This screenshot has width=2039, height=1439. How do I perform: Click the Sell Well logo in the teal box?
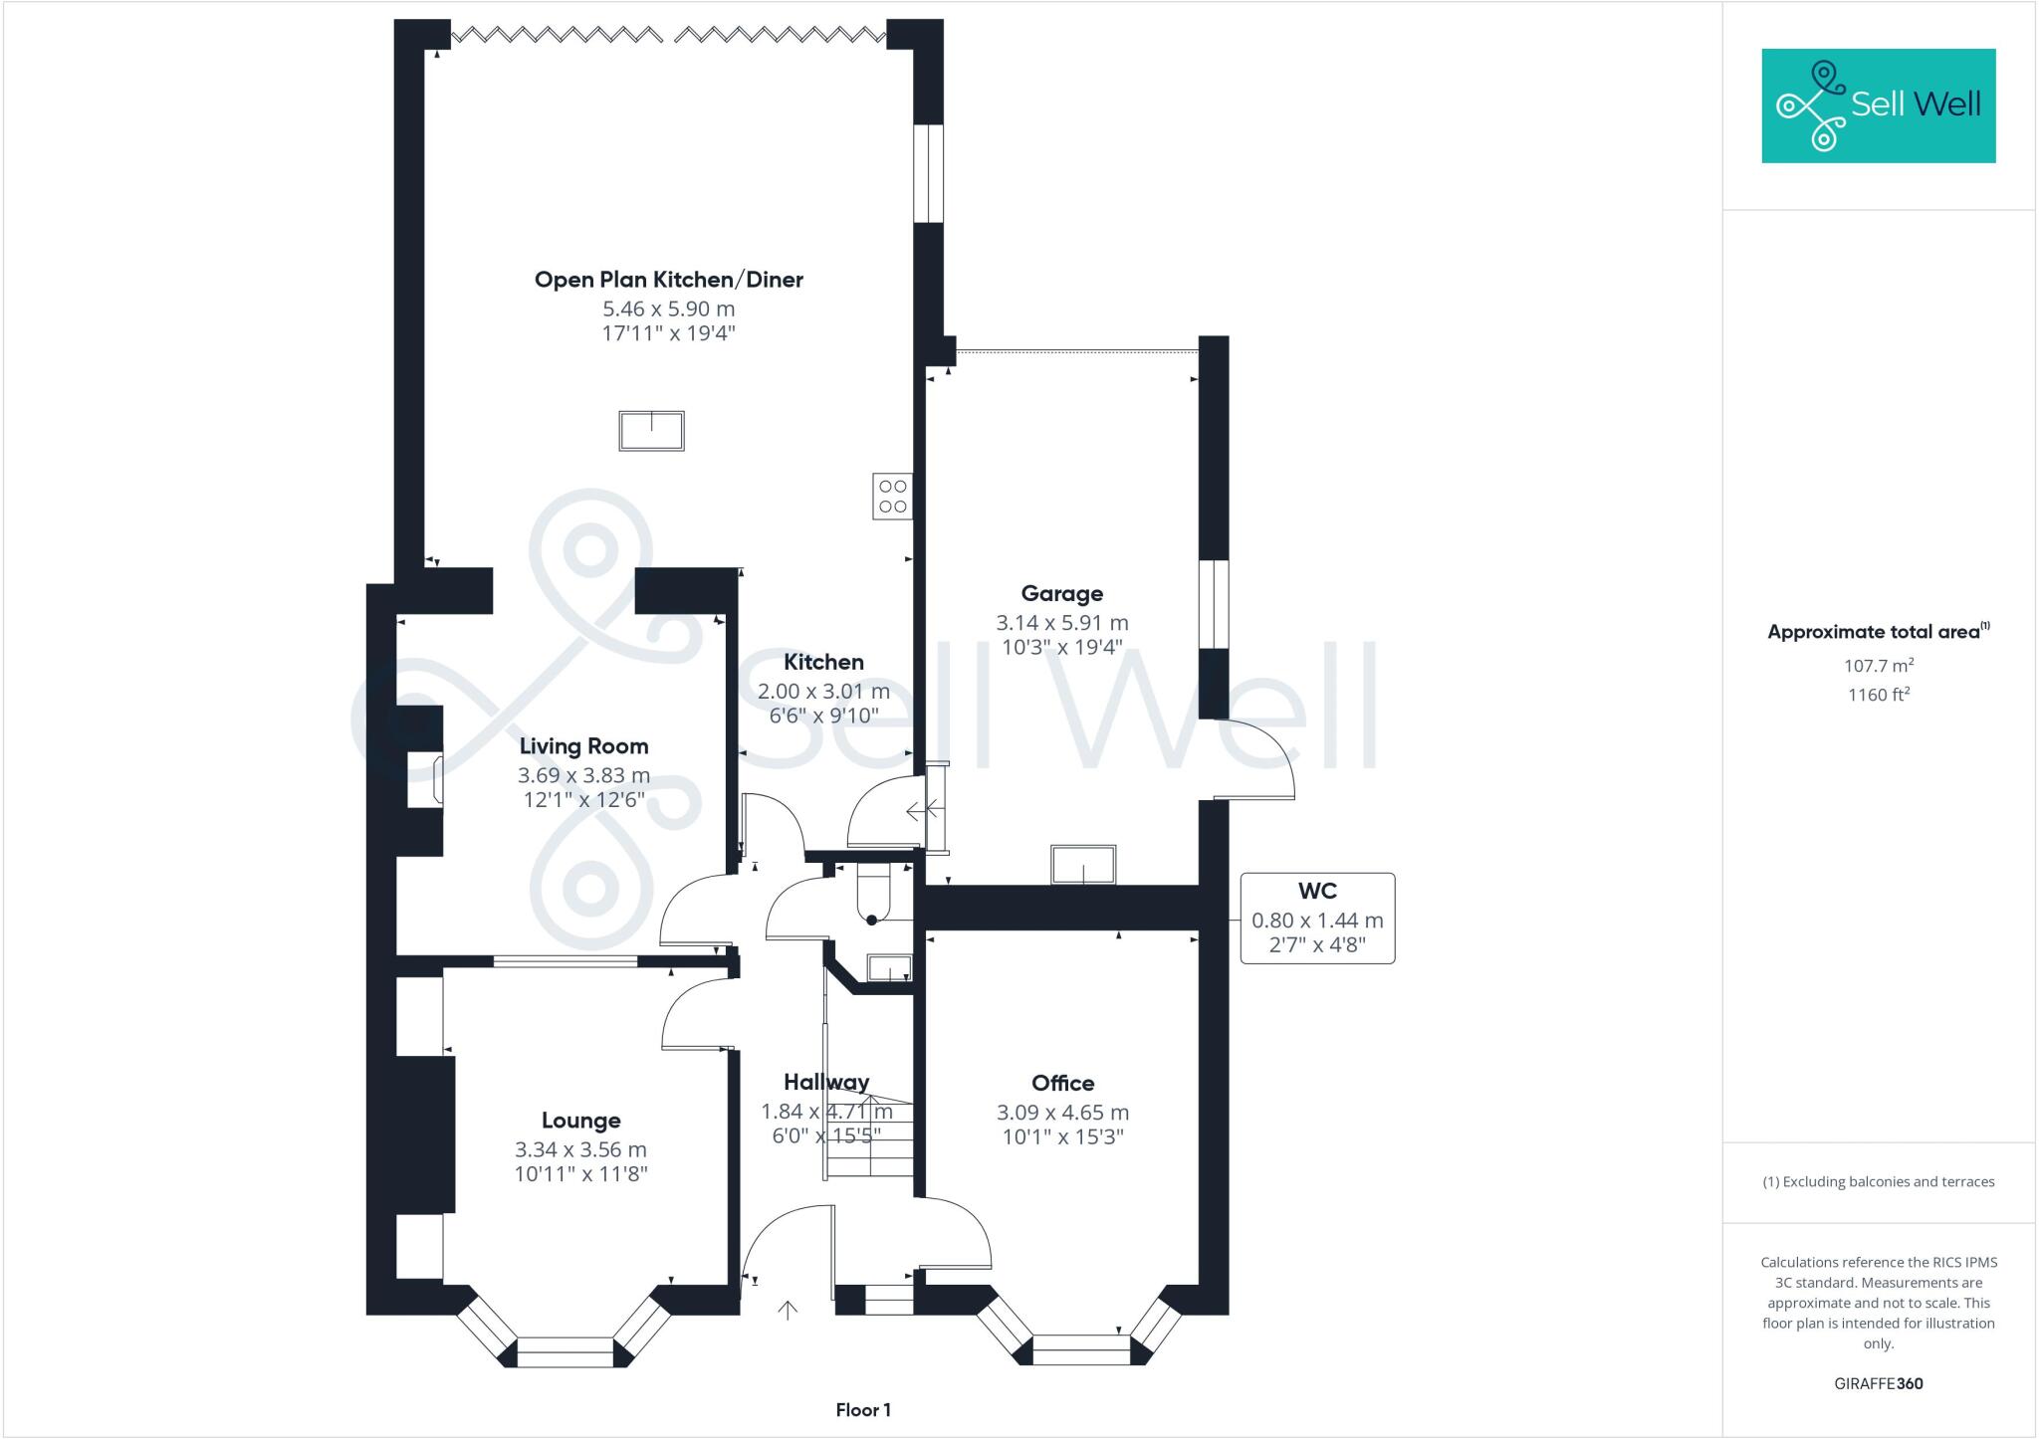point(1878,104)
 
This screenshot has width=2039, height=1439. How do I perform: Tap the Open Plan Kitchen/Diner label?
point(668,280)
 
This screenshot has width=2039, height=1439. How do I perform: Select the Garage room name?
point(1061,593)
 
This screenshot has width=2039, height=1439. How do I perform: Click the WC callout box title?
point(1316,891)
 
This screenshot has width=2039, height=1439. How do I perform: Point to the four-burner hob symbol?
point(892,497)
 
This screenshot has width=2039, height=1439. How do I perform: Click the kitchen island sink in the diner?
point(652,431)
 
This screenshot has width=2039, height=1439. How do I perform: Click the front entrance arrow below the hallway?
point(788,1311)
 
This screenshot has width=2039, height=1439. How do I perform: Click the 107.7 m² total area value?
point(1878,666)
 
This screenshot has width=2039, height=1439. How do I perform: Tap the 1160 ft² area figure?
point(1878,695)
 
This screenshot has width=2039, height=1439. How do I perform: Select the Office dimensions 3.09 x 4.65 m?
point(1062,1113)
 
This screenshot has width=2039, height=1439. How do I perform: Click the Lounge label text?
point(580,1121)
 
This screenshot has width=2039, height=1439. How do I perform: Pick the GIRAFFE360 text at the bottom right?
point(1878,1383)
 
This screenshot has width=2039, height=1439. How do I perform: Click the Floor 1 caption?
point(863,1410)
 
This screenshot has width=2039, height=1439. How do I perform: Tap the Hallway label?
point(825,1082)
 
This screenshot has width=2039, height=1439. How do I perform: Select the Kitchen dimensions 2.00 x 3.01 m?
point(823,691)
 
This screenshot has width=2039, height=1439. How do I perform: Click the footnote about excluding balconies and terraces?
point(1878,1182)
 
